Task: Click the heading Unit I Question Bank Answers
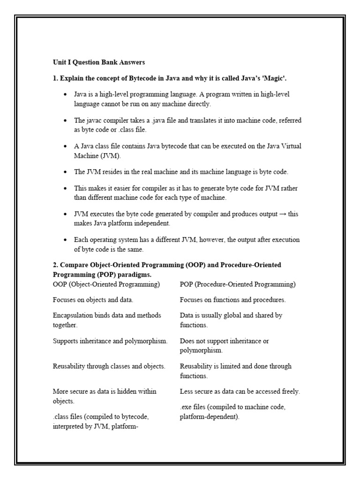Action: pos(99,62)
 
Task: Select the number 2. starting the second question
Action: pos(56,265)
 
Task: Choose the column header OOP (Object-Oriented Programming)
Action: pos(106,284)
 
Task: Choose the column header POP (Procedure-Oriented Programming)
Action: pos(238,284)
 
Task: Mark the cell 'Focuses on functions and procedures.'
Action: pos(233,300)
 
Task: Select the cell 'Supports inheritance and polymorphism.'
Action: pos(110,341)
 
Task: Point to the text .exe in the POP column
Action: pos(186,407)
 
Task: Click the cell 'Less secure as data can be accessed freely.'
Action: pos(240,391)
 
